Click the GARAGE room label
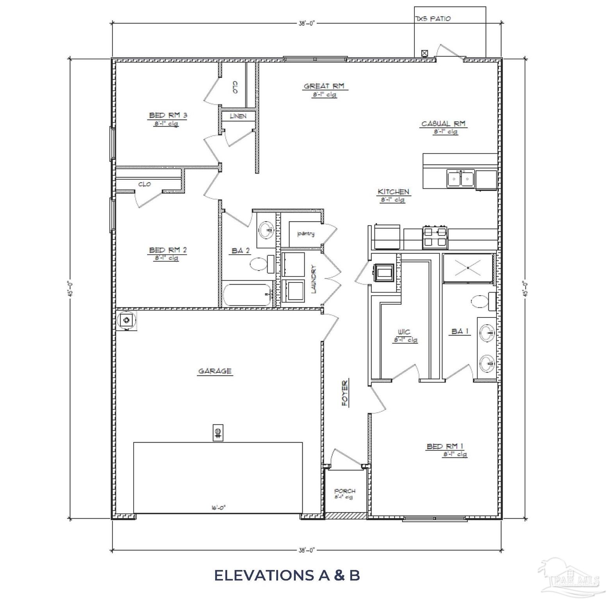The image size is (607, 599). [x=215, y=371]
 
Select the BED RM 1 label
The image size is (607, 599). [x=445, y=446]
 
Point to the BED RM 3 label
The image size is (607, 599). [x=168, y=115]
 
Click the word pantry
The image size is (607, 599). [x=306, y=234]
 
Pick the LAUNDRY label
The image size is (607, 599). [x=314, y=279]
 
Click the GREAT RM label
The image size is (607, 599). [x=324, y=86]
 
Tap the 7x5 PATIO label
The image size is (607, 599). [x=433, y=19]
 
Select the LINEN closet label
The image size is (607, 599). [x=238, y=116]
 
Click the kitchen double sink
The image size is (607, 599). [x=461, y=179]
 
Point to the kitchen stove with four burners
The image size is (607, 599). [x=435, y=237]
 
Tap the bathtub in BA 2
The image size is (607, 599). [x=247, y=295]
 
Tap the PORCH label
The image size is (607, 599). [x=345, y=491]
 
